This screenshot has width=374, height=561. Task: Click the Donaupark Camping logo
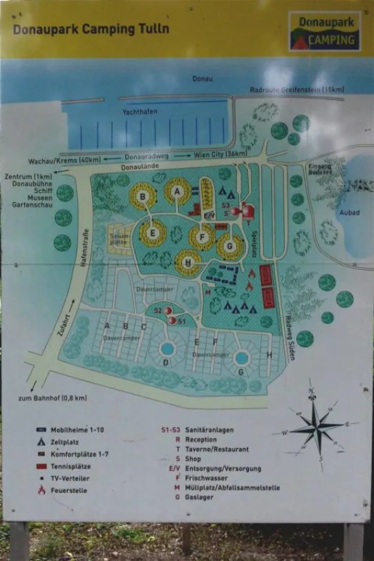tap(324, 31)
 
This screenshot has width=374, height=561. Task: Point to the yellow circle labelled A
tap(178, 191)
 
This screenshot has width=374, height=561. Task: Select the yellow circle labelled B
tap(143, 197)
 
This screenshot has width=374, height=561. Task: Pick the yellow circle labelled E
tap(152, 234)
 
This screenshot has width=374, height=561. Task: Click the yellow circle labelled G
tap(229, 246)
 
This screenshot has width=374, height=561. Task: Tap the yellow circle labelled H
tap(187, 262)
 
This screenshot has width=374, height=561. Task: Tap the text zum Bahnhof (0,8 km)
tap(60, 398)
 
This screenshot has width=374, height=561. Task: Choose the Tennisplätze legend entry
tap(72, 466)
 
